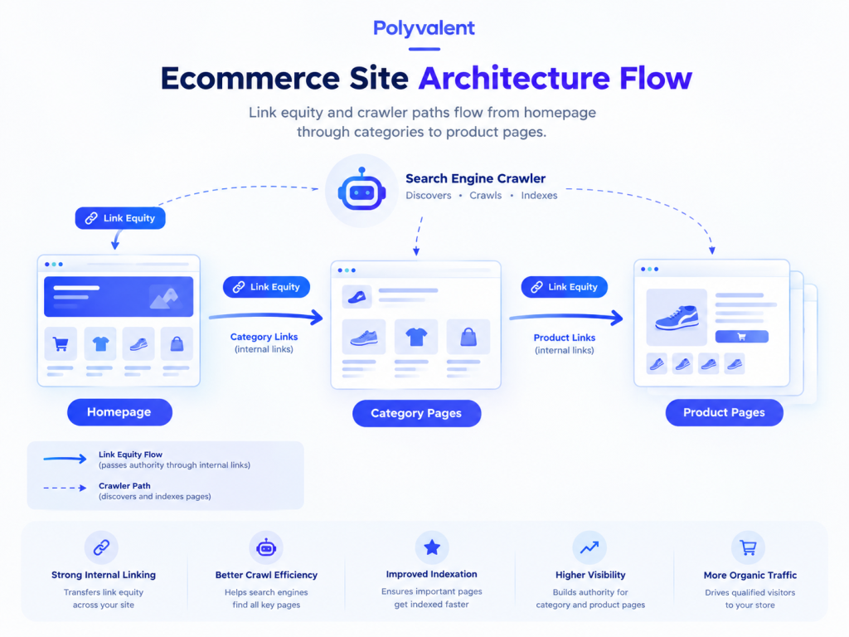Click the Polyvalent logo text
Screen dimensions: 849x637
click(x=424, y=28)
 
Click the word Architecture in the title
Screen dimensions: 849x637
click(x=515, y=78)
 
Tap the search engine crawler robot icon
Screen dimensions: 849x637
click(x=361, y=190)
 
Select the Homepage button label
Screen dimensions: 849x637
click(x=119, y=412)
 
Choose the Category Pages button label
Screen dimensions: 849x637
click(x=416, y=413)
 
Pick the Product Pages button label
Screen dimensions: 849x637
click(x=724, y=413)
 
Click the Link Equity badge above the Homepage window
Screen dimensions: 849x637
click(x=120, y=218)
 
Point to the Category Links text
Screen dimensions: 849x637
click(x=264, y=337)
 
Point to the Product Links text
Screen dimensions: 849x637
click(x=564, y=338)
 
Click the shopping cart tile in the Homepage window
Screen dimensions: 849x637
click(x=61, y=343)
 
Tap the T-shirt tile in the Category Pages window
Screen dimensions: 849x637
click(x=416, y=337)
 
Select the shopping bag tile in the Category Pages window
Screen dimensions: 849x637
click(x=468, y=337)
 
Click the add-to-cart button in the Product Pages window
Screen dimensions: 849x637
click(x=741, y=337)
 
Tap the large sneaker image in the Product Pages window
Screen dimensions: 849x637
click(x=677, y=317)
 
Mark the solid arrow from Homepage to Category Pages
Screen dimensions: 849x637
click(x=266, y=316)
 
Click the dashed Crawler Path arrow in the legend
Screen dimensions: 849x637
click(x=65, y=488)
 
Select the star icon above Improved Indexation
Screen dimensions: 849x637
click(x=431, y=547)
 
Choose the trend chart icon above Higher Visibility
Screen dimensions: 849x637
click(x=589, y=547)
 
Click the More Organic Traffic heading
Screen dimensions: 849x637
click(x=750, y=576)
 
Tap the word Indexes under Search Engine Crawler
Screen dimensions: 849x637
click(x=539, y=196)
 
